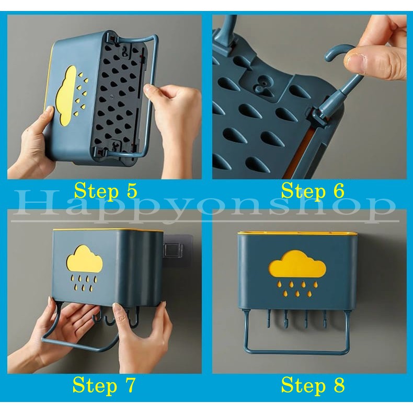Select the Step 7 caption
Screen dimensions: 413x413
(x=104, y=386)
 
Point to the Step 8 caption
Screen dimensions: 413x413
(x=313, y=386)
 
